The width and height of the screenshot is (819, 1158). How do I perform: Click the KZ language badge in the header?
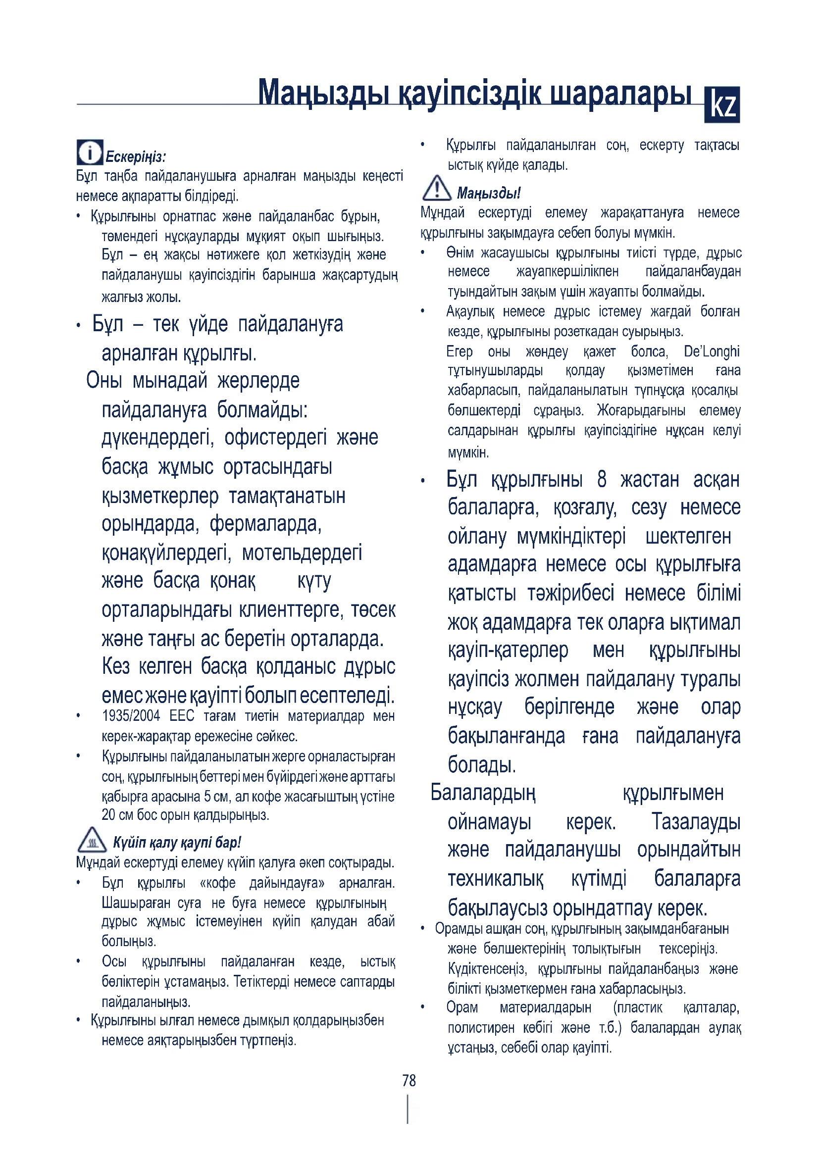(721, 105)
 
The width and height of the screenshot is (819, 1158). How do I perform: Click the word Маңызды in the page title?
(323, 93)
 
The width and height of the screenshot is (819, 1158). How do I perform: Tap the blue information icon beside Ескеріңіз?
(90, 152)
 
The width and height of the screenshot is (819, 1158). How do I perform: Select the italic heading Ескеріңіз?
(136, 157)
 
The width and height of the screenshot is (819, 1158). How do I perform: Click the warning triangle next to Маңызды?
(436, 189)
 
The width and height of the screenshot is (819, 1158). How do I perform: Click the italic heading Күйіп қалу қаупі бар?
(177, 842)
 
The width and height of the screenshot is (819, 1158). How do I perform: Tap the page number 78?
(409, 1080)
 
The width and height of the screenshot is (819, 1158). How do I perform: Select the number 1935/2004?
(131, 716)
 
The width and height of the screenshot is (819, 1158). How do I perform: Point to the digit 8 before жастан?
(601, 479)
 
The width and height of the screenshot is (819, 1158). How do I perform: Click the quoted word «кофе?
(217, 883)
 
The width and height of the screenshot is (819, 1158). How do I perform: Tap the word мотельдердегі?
(302, 553)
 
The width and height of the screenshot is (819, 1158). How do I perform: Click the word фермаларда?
(265, 524)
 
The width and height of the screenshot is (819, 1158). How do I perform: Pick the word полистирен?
(483, 1027)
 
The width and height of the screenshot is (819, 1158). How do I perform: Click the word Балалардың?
(483, 792)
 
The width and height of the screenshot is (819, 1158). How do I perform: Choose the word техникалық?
(495, 879)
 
